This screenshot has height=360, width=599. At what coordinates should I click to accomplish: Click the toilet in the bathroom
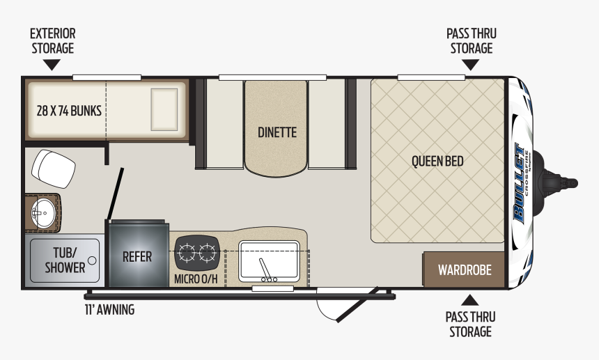(x=54, y=169)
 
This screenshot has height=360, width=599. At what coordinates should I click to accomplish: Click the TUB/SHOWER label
(x=65, y=260)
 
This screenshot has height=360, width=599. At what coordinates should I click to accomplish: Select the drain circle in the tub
(x=92, y=260)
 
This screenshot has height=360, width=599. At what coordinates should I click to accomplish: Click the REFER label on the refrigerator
(x=137, y=256)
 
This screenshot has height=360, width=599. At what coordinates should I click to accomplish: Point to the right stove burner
(x=208, y=253)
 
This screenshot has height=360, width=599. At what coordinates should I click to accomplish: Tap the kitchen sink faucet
(x=266, y=270)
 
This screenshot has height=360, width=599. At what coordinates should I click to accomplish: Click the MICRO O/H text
(x=196, y=279)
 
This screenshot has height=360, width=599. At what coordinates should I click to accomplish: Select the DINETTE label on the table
(x=277, y=132)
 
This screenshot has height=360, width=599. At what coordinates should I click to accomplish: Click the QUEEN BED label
(x=437, y=161)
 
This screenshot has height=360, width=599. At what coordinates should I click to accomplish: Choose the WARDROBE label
(x=465, y=270)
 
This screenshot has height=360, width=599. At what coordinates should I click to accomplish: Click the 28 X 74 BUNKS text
(x=69, y=111)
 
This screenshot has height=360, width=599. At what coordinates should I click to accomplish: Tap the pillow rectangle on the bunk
(x=164, y=109)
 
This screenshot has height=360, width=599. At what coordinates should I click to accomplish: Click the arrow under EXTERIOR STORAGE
(x=52, y=65)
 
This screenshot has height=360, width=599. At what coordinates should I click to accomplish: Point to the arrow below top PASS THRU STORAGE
(x=470, y=65)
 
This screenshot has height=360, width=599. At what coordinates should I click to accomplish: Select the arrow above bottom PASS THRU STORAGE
(x=469, y=300)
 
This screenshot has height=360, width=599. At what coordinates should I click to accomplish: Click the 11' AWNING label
(x=109, y=309)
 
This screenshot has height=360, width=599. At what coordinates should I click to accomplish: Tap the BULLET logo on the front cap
(x=520, y=183)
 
